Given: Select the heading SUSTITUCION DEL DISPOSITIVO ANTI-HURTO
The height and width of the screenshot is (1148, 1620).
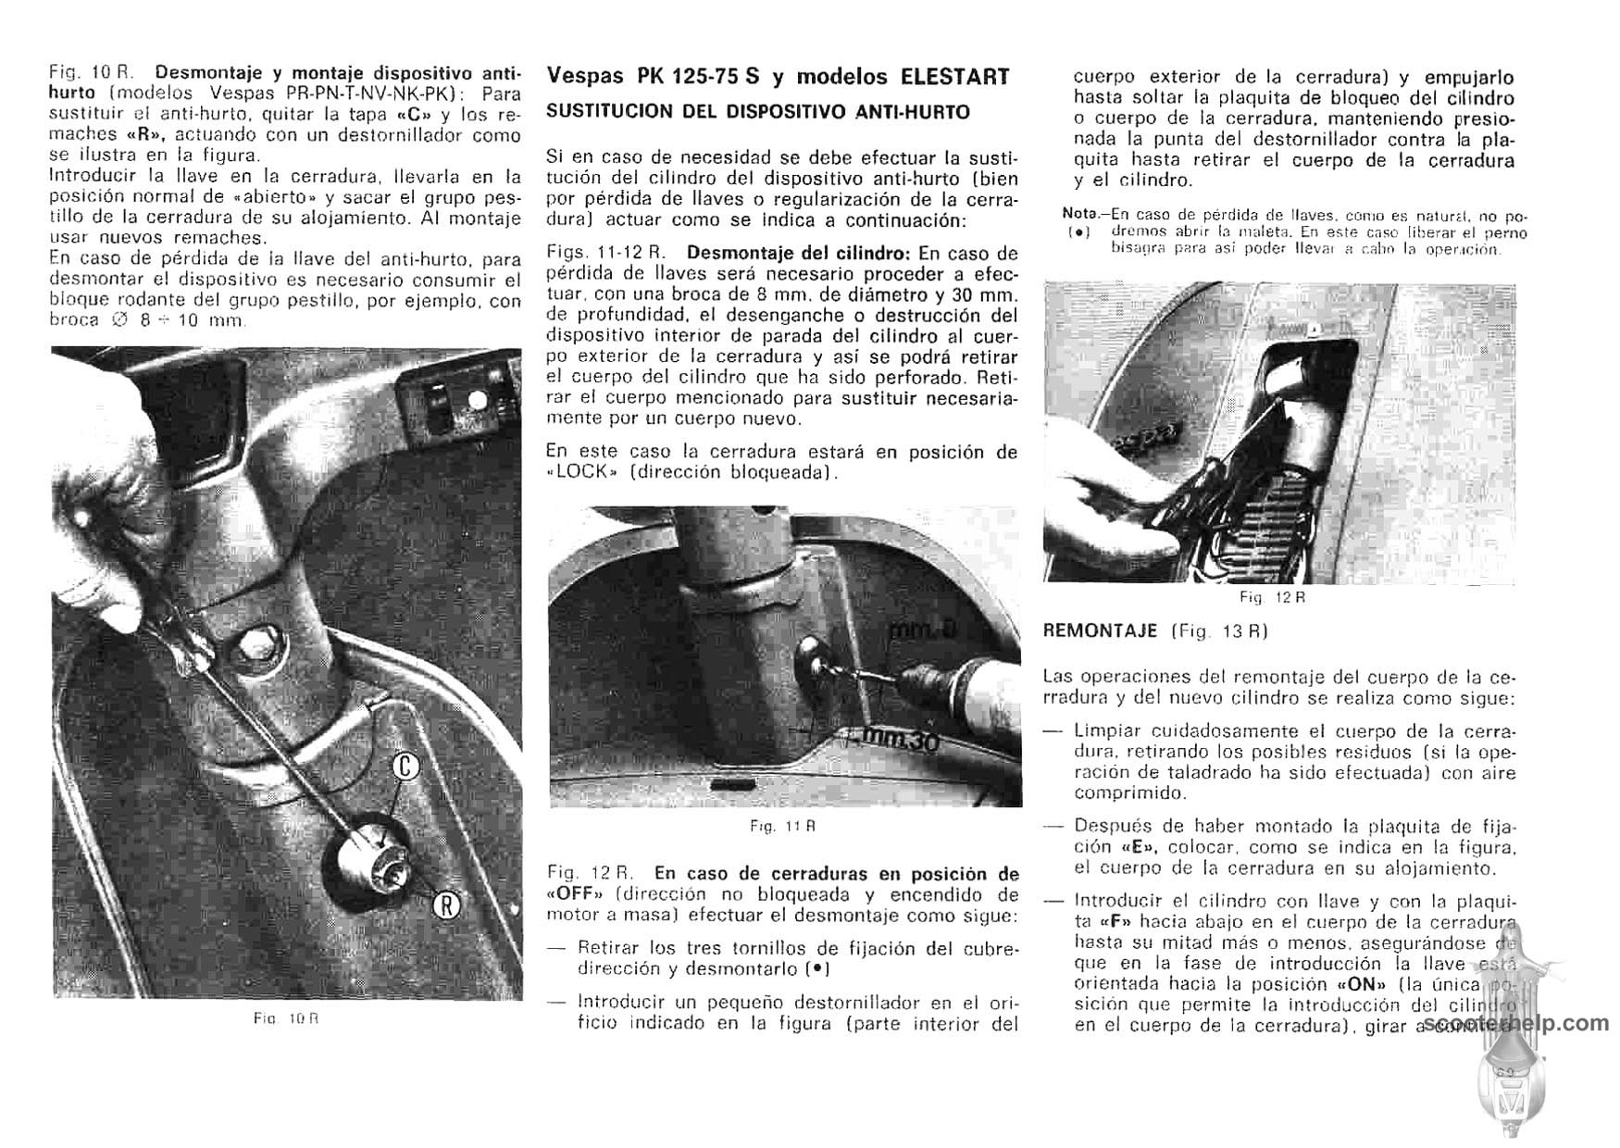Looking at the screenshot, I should click(758, 112).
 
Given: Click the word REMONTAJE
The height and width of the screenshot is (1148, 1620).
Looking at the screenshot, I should click(1100, 631).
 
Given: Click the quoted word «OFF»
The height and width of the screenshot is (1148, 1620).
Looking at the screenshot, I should click(575, 894).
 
